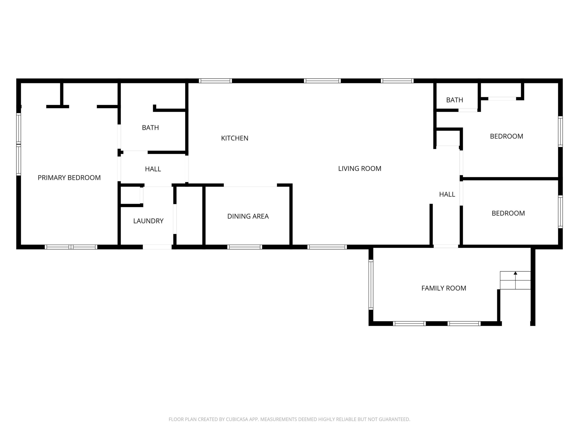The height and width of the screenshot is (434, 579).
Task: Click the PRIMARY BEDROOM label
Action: pyautogui.click(x=69, y=178)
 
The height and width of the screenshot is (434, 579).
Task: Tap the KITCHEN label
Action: pyautogui.click(x=235, y=138)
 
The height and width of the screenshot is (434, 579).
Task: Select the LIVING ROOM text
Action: pyautogui.click(x=360, y=168)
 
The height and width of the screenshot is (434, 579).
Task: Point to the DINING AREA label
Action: pyautogui.click(x=248, y=216)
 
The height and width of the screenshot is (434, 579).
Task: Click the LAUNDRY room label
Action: pyautogui.click(x=148, y=221)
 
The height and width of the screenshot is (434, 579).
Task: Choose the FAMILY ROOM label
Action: pyautogui.click(x=444, y=288)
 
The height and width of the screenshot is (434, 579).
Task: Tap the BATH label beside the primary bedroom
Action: pyautogui.click(x=150, y=128)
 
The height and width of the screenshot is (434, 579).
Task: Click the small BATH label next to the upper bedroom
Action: pyautogui.click(x=455, y=100)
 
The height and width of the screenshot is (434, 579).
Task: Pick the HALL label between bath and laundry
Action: pyautogui.click(x=153, y=169)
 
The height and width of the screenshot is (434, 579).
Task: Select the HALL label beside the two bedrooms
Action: pyautogui.click(x=447, y=194)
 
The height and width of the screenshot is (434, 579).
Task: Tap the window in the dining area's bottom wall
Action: pyautogui.click(x=244, y=247)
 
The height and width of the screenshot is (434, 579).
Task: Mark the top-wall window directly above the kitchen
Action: pyautogui.click(x=215, y=81)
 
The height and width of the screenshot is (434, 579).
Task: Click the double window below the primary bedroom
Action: pyautogui.click(x=71, y=247)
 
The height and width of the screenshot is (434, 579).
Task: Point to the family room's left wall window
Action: pyautogui.click(x=371, y=285)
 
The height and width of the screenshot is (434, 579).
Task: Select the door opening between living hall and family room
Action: pyautogui.click(x=446, y=246)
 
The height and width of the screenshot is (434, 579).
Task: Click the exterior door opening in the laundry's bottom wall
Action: pyautogui.click(x=157, y=247)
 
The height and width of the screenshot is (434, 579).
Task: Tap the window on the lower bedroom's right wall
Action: pyautogui.click(x=560, y=212)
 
